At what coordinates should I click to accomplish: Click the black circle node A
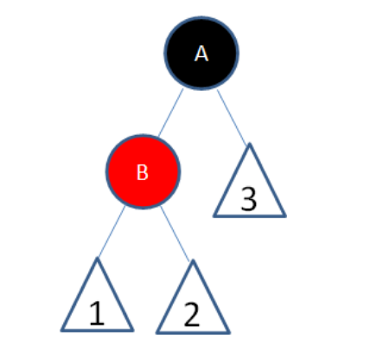201,53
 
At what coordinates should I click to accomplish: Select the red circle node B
144,171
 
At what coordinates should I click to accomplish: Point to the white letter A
201,54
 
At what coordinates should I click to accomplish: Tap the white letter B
144,172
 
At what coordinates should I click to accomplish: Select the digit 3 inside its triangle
249,199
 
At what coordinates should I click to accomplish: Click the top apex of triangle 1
97,259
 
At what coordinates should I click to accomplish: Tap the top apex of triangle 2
191,259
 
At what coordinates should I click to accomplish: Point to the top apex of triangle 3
249,144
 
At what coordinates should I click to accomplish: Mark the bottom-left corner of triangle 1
62,330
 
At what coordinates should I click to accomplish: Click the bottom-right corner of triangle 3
284,215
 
